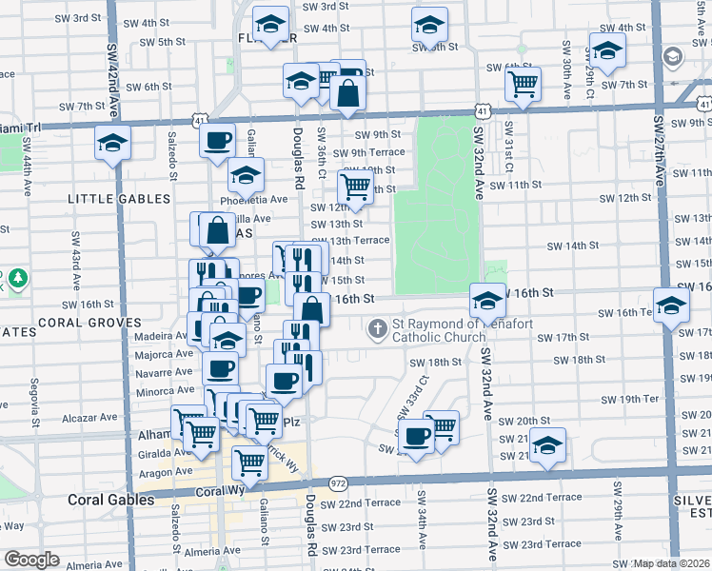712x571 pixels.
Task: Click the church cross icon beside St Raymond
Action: (x=378, y=329)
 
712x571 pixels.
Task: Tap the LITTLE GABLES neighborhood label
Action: (x=119, y=199)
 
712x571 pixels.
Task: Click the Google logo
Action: (x=32, y=560)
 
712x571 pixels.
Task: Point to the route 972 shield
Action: (x=338, y=484)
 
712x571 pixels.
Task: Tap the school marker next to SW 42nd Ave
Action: (x=112, y=145)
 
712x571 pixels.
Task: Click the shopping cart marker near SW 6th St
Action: (x=523, y=84)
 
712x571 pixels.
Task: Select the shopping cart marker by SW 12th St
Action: (x=355, y=187)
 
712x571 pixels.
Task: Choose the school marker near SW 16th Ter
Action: (x=671, y=306)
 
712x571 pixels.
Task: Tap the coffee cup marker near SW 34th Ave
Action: (x=415, y=437)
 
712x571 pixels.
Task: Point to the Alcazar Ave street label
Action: (x=88, y=417)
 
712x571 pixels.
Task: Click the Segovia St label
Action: (x=33, y=404)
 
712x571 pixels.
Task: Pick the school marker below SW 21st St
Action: (x=547, y=445)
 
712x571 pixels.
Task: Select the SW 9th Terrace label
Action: (x=366, y=152)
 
